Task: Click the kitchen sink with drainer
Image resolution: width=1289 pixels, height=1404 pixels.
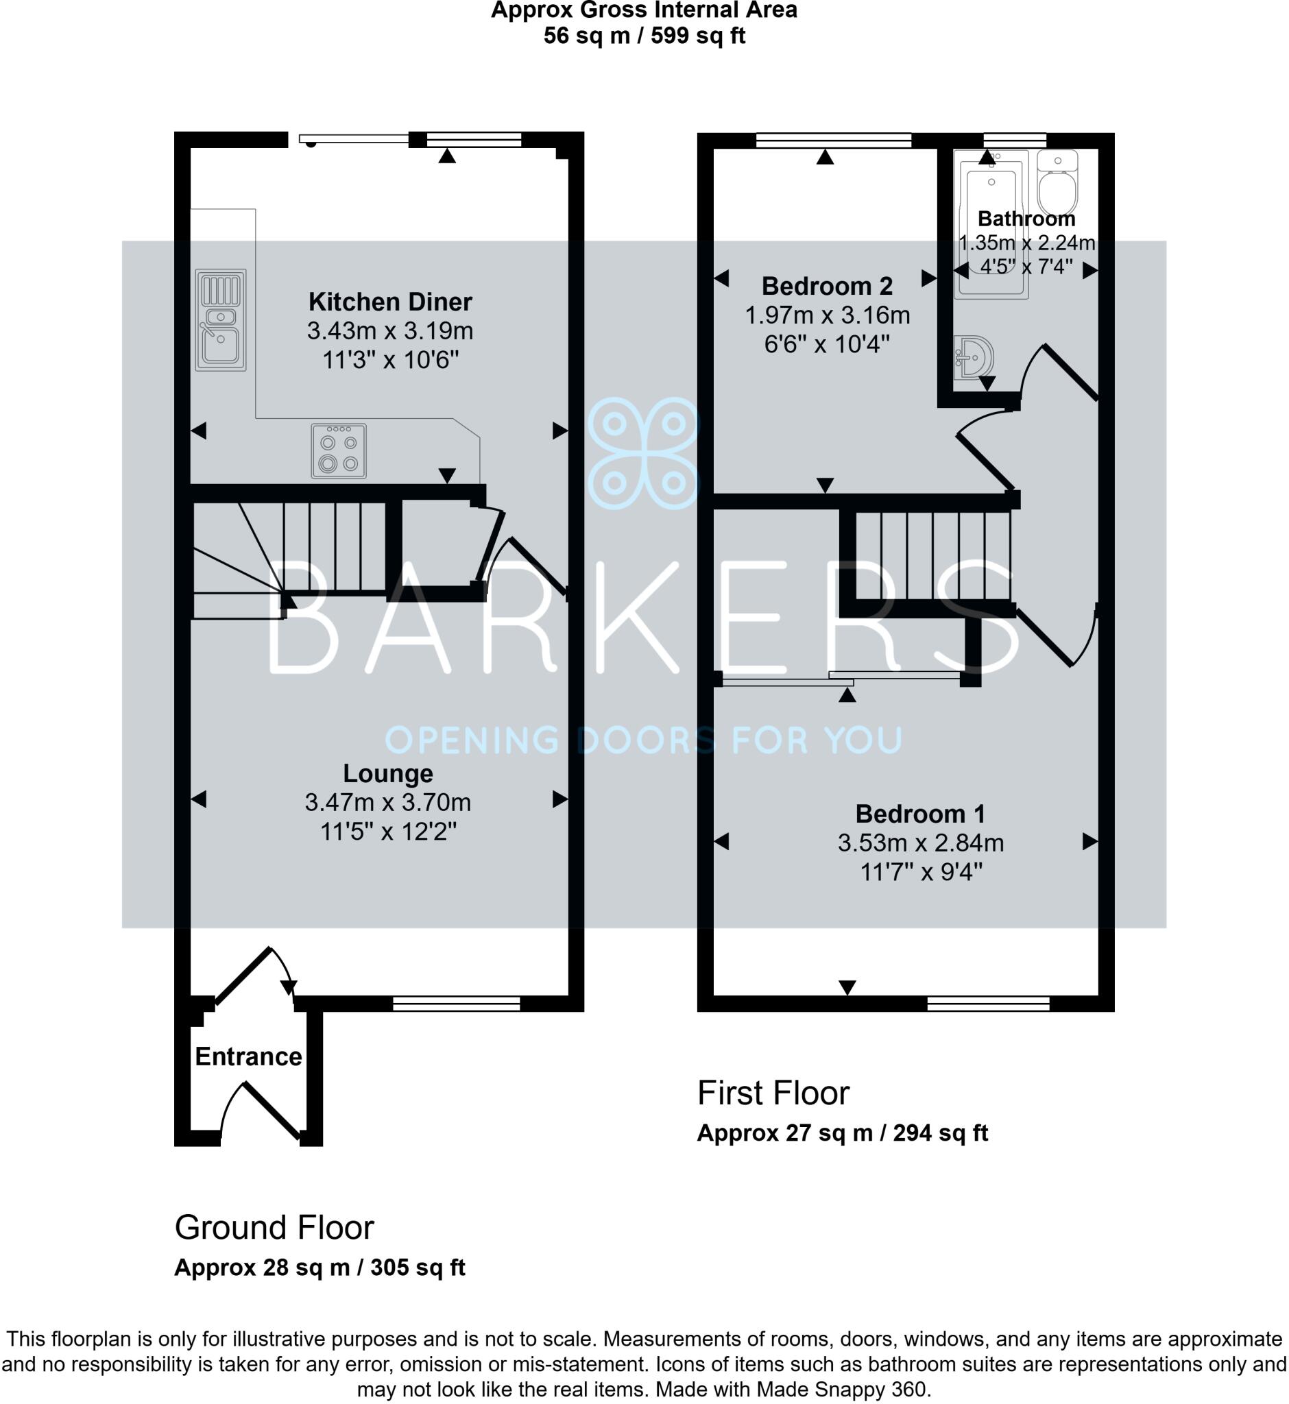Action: pyautogui.click(x=220, y=319)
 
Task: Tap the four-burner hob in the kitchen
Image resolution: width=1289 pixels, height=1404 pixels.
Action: pyautogui.click(x=338, y=451)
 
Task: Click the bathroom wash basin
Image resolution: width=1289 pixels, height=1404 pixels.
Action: pyautogui.click(x=974, y=357)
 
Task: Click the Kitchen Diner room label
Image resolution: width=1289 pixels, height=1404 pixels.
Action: pyautogui.click(x=390, y=302)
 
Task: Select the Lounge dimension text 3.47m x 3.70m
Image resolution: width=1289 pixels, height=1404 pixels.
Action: pyautogui.click(x=388, y=803)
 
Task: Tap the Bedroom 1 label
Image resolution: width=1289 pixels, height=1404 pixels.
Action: pyautogui.click(x=920, y=814)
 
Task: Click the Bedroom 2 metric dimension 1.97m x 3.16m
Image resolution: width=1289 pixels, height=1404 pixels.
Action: pyautogui.click(x=828, y=315)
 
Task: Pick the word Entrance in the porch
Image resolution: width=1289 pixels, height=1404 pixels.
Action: pyautogui.click(x=248, y=1056)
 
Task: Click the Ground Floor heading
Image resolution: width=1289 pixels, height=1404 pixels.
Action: pyautogui.click(x=274, y=1228)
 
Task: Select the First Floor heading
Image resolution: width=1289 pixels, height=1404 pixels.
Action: pyautogui.click(x=773, y=1093)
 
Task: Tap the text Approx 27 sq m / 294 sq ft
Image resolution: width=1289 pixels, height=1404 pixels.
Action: pyautogui.click(x=842, y=1133)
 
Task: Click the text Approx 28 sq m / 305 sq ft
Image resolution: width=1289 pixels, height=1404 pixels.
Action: pyautogui.click(x=320, y=1268)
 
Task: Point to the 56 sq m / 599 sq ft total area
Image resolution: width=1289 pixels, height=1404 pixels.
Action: pyautogui.click(x=644, y=36)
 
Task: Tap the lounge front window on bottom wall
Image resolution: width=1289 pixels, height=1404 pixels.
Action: pyautogui.click(x=456, y=1004)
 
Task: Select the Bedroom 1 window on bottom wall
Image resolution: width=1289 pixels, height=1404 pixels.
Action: pyautogui.click(x=988, y=1004)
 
